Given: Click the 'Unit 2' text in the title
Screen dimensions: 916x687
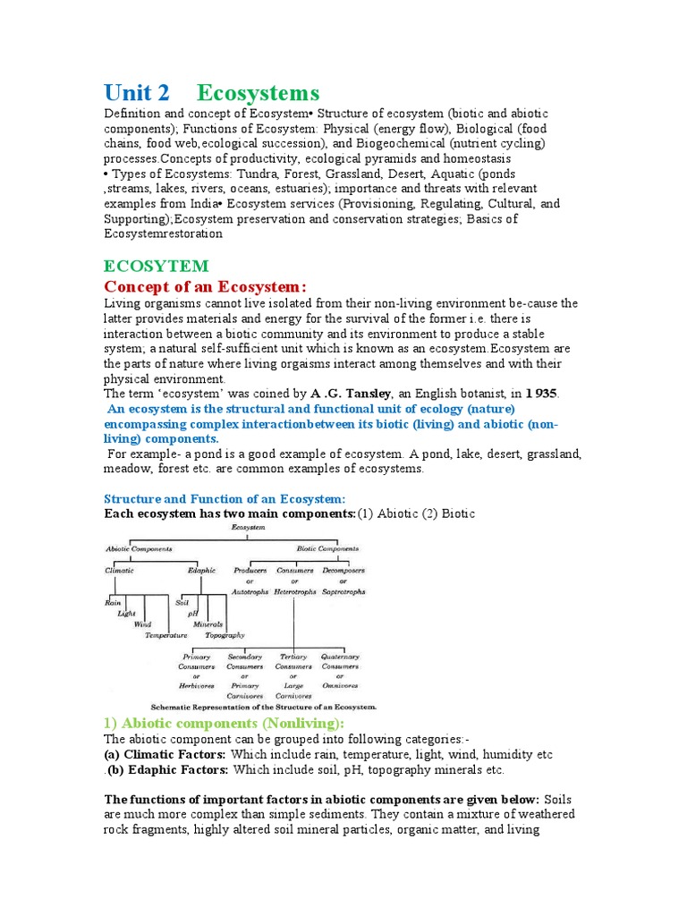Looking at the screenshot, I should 136,93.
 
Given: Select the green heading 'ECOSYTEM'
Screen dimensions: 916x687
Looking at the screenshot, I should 157,266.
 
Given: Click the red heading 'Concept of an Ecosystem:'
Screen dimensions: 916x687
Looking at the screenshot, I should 205,286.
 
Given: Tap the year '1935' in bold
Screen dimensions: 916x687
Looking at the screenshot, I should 541,394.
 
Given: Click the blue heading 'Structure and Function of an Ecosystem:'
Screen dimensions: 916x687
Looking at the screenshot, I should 225,498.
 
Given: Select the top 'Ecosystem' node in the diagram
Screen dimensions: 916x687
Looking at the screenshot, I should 248,529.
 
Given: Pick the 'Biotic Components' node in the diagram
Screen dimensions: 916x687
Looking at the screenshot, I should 327,548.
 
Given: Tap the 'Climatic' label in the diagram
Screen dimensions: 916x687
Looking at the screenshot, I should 120,570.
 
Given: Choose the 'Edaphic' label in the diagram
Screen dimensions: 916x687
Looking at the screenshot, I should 201,570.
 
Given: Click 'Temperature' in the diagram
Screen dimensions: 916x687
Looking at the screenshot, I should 166,635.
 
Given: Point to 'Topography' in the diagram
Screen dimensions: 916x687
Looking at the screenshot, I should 225,635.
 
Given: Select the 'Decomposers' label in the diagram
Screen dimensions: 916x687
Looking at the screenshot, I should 343,570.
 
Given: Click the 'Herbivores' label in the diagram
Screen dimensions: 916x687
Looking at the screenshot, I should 196,685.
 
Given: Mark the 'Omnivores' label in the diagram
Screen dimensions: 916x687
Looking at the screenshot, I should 341,685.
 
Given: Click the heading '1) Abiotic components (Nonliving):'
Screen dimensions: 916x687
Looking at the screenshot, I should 225,724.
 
